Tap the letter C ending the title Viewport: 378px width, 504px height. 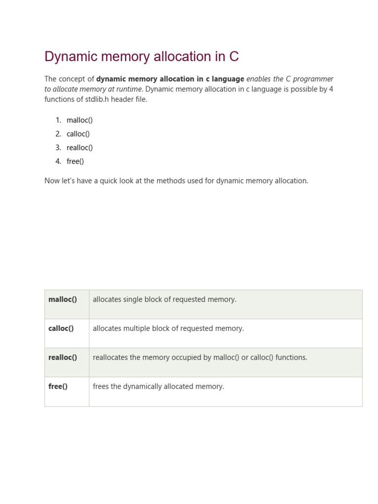tap(234, 57)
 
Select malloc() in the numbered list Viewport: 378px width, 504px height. tap(80, 120)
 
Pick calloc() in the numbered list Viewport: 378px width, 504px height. tap(78, 134)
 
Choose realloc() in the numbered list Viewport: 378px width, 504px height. tap(80, 148)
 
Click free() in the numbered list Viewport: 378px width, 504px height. tap(75, 161)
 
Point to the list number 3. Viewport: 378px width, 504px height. tap(58, 148)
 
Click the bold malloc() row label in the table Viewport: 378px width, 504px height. tap(63, 299)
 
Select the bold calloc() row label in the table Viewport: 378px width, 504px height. tap(61, 328)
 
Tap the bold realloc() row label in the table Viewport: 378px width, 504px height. tap(63, 357)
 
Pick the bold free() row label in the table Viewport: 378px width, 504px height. tap(58, 386)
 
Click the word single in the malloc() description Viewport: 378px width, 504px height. tap(133, 299)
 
